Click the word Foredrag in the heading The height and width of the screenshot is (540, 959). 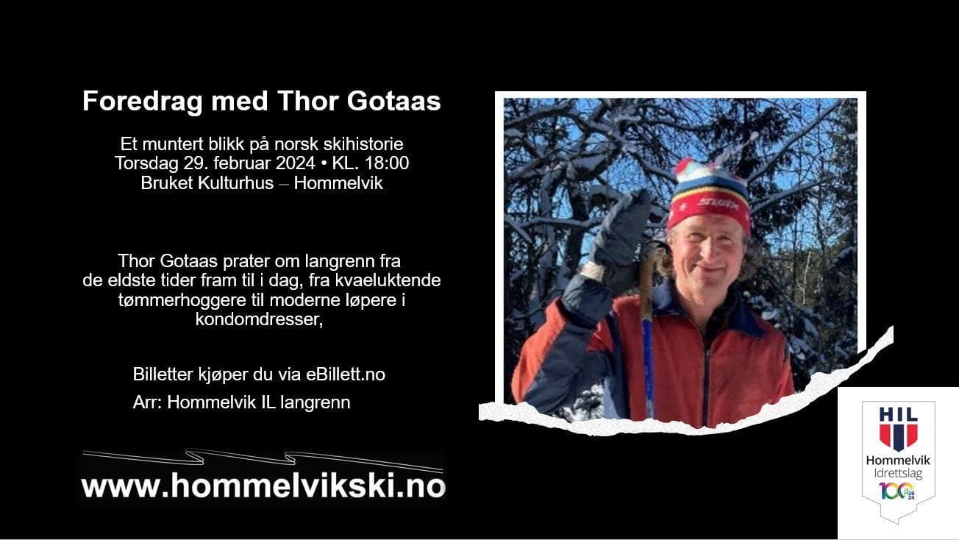point(142,102)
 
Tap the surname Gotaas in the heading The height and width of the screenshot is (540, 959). point(393,101)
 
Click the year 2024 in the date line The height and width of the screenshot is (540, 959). point(296,163)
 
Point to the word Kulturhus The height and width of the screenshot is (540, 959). point(235,183)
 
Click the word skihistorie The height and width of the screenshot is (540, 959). point(363,144)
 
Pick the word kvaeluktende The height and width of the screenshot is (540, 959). point(388,280)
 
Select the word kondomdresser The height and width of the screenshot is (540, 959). point(259,319)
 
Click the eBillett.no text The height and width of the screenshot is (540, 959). point(346,374)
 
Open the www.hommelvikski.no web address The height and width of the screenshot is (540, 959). point(263,486)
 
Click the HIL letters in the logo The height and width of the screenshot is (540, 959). point(898,414)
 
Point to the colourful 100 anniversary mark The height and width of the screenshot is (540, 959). point(897,491)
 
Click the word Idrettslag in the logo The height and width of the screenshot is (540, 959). point(898,474)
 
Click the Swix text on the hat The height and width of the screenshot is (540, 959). point(719,202)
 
